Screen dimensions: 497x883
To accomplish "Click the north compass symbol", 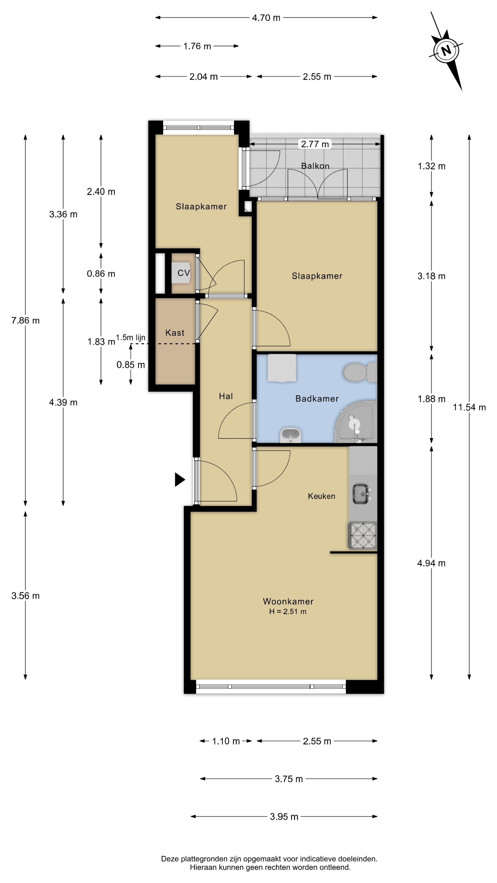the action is pyautogui.click(x=446, y=51).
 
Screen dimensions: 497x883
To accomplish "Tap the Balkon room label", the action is pyautogui.click(x=315, y=166).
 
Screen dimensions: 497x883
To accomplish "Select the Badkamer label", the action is pyautogui.click(x=317, y=399).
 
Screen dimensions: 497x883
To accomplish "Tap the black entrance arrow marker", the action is pyautogui.click(x=180, y=479).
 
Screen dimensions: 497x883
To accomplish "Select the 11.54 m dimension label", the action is pyautogui.click(x=469, y=407).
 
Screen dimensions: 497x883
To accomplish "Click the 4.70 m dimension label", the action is pyautogui.click(x=266, y=18).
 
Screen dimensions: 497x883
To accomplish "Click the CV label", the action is pyautogui.click(x=184, y=273).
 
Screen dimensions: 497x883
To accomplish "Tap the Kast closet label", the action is pyautogui.click(x=175, y=333).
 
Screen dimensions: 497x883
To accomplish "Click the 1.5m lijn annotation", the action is pyautogui.click(x=131, y=337).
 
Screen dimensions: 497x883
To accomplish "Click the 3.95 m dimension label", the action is pyautogui.click(x=284, y=817).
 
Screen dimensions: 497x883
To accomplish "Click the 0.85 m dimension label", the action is pyautogui.click(x=131, y=365).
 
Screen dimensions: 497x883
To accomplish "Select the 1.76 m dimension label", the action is pyautogui.click(x=197, y=46).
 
